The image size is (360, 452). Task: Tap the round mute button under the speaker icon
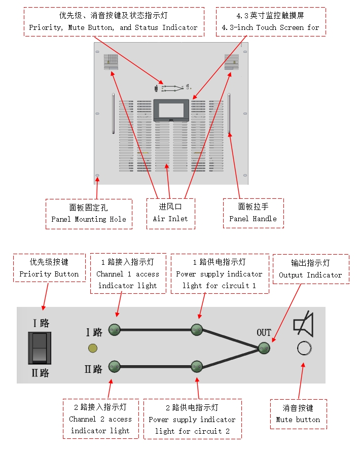point(304,349)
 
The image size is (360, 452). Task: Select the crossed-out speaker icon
point(303,325)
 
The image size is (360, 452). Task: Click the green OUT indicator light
point(264,348)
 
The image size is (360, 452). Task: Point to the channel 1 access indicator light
point(114,329)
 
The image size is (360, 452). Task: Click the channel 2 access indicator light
point(114,366)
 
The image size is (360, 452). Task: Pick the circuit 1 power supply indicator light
point(197,330)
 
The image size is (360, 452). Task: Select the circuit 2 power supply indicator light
point(197,366)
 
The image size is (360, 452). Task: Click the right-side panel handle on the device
point(229,114)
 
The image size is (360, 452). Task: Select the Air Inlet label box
point(170,213)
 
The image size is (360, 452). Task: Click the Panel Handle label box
point(253,213)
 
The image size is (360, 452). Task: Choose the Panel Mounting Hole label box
point(89,214)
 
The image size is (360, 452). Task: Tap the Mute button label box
point(298,414)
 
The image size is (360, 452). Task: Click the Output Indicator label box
point(310,269)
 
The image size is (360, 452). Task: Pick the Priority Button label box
point(49,268)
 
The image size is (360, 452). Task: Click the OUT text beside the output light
point(264,333)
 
